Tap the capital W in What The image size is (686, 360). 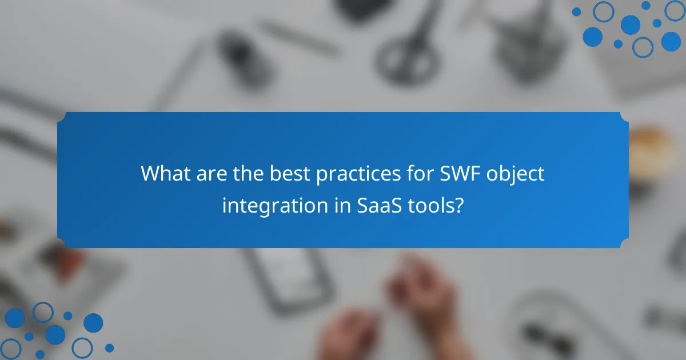pyautogui.click(x=150, y=173)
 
